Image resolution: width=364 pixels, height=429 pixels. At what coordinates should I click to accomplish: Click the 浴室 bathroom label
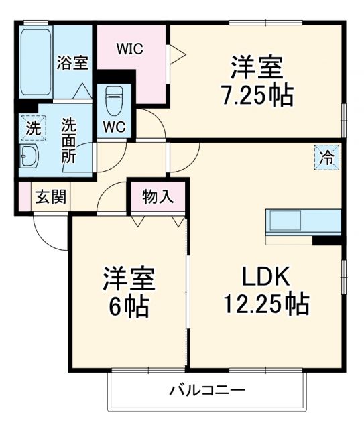(x=72, y=64)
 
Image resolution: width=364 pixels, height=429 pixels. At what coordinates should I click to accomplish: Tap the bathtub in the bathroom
(x=36, y=62)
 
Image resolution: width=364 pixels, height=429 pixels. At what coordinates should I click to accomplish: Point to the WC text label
(x=113, y=127)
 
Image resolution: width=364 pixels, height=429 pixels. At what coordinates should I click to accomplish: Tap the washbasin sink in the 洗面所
(x=29, y=158)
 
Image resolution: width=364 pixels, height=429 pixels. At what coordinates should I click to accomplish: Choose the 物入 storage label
(x=158, y=197)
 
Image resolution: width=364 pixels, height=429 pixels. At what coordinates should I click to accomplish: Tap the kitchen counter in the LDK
(x=303, y=222)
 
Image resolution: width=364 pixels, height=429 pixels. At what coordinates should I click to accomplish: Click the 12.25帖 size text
(x=265, y=304)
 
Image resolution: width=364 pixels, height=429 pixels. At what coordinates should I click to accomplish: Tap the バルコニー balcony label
(x=206, y=389)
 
